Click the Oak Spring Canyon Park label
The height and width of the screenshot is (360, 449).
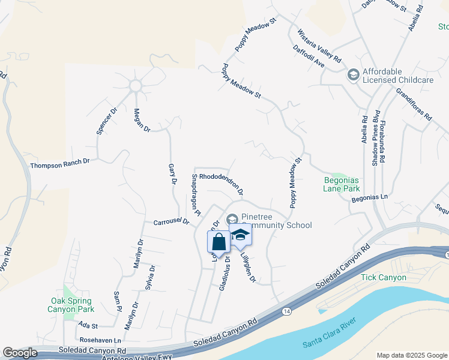71,305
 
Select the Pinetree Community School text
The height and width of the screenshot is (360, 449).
276,221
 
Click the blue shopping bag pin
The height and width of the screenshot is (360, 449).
219,242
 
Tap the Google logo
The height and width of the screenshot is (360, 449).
20,353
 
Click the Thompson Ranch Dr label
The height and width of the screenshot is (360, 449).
59,163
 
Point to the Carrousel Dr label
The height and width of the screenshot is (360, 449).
171,221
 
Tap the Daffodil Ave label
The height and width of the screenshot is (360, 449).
309,57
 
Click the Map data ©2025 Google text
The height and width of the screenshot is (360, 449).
411,355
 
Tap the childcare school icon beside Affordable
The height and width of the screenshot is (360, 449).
353,75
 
